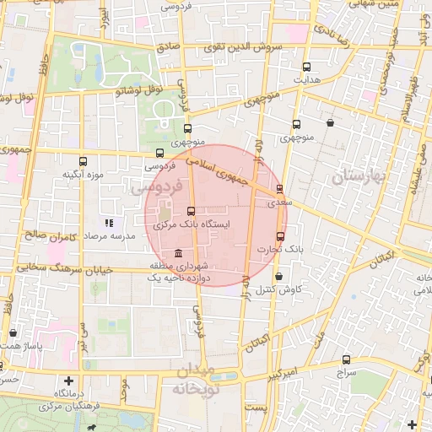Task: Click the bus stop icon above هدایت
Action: [x=305, y=67]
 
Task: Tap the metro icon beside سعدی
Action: [x=280, y=188]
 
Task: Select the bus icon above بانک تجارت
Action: [x=281, y=236]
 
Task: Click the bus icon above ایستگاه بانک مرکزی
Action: [x=191, y=212]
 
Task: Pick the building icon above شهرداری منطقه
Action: [x=177, y=254]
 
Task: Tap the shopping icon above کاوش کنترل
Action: [x=278, y=276]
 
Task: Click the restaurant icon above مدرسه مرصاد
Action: [x=108, y=223]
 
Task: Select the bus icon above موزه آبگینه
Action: [x=83, y=161]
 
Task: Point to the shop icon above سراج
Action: [x=347, y=359]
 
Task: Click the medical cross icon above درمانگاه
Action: [x=68, y=381]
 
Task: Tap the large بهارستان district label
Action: [x=358, y=176]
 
